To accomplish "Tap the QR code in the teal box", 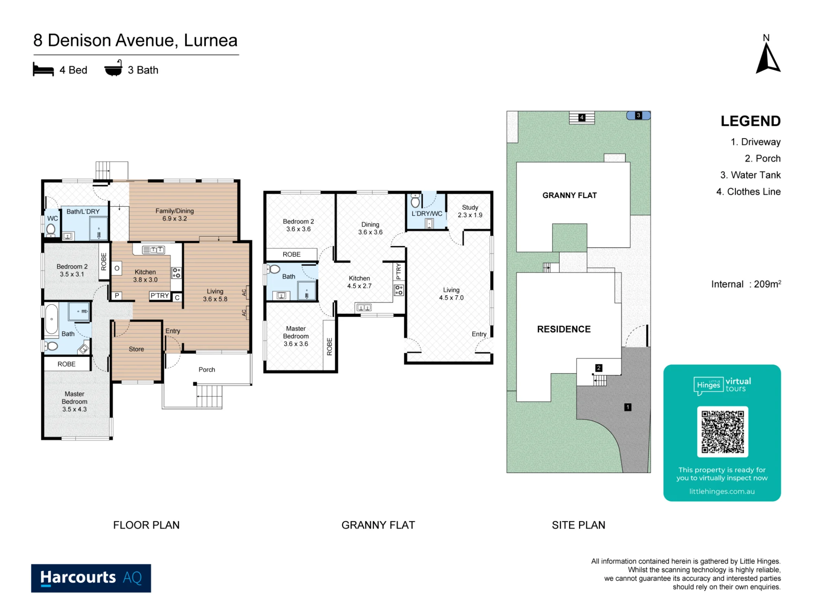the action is [x=722, y=432].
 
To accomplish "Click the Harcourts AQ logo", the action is [x=91, y=578].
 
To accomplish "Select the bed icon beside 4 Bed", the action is [x=44, y=70].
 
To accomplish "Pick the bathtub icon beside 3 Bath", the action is [x=114, y=68].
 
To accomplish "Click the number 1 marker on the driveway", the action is [x=628, y=407].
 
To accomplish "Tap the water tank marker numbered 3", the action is [x=639, y=115].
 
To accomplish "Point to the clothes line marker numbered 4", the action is [x=582, y=118].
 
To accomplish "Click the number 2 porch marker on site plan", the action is [x=599, y=368].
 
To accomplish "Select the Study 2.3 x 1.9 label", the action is [x=470, y=211].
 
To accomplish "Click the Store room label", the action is [x=136, y=349].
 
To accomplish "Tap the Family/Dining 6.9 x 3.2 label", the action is [x=175, y=215].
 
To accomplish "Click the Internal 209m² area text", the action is [x=746, y=284].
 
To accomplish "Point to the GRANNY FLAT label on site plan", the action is [x=569, y=196].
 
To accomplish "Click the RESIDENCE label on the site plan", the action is [x=564, y=329].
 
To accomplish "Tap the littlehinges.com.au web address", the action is [x=722, y=492].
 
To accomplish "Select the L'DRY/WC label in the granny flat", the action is [x=427, y=213].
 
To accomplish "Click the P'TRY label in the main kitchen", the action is [x=160, y=296].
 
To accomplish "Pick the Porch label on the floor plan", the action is [x=207, y=369].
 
